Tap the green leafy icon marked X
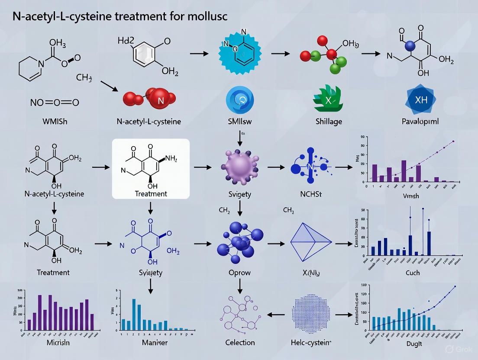click(328, 100)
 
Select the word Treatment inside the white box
click(151, 194)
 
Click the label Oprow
click(239, 273)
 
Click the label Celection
click(240, 342)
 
